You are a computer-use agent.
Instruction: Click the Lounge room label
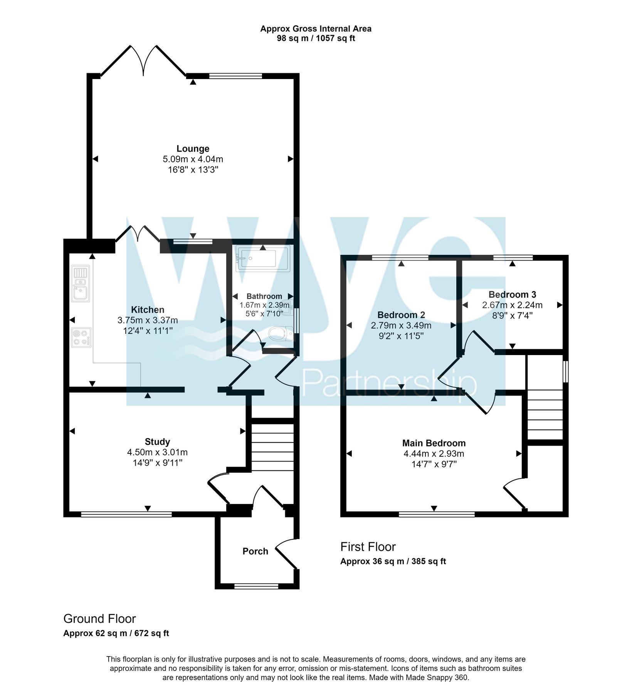[x=193, y=148]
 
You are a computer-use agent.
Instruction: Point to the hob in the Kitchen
[x=81, y=337]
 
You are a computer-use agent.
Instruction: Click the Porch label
[x=255, y=551]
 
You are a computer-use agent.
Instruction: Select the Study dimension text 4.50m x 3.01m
[x=157, y=452]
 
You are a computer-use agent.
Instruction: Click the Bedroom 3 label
[x=512, y=295]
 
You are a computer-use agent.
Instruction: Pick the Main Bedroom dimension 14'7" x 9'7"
[x=434, y=464]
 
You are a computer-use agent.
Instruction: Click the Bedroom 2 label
[x=401, y=315]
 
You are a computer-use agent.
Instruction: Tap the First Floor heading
[x=368, y=547]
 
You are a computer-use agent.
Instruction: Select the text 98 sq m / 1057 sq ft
[x=316, y=39]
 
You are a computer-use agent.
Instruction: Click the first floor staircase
[x=545, y=414]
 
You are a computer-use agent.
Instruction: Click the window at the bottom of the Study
[x=126, y=514]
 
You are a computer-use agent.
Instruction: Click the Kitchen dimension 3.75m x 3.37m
[x=148, y=320]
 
